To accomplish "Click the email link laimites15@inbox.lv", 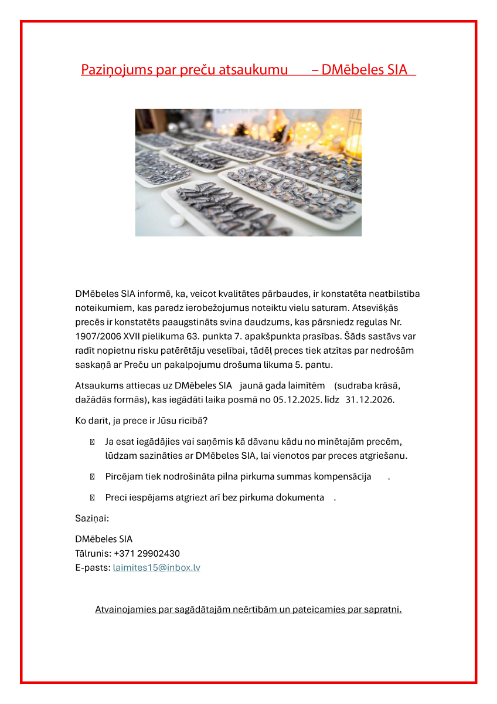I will [156, 568].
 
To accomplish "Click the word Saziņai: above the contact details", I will [92, 519].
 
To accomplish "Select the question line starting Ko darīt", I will [141, 421].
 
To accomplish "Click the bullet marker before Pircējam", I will [92, 477].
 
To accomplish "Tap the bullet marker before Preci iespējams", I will [92, 497].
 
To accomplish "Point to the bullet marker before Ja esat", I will [92, 442].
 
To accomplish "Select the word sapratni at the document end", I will [383, 610].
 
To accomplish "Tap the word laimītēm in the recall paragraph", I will [307, 385].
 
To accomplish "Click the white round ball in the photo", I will [176, 221].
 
